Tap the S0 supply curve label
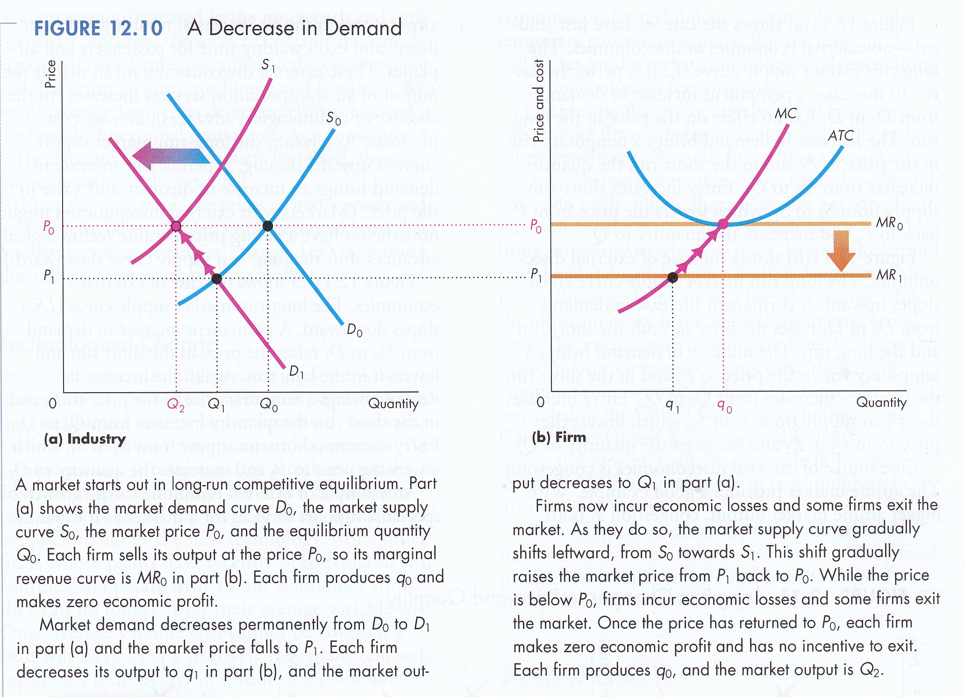click(334, 119)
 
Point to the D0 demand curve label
click(355, 331)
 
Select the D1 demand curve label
click(296, 372)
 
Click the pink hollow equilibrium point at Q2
click(176, 226)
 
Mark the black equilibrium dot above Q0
click(268, 226)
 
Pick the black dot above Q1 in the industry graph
click(217, 279)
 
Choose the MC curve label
click(785, 114)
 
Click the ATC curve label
click(840, 136)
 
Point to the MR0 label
click(889, 223)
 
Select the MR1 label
click(889, 275)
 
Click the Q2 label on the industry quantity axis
click(176, 405)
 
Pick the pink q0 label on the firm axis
click(724, 407)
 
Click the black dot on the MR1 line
click(672, 278)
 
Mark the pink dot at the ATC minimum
click(723, 224)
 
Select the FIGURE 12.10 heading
click(99, 29)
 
